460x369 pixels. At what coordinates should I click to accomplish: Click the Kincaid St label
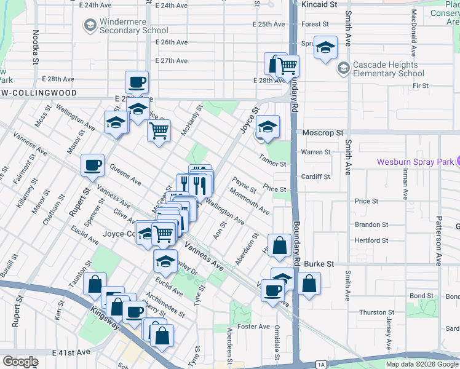(320, 4)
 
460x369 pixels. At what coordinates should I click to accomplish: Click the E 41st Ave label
(71, 352)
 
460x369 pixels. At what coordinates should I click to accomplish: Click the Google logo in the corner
(20, 362)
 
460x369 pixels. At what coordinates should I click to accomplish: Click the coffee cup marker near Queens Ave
(92, 165)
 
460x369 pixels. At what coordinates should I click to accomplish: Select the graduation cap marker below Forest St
(325, 47)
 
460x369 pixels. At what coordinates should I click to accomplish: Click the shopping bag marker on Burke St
(309, 284)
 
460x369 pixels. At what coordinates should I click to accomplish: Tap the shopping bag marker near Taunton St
(95, 284)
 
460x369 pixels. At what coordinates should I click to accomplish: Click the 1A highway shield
(321, 365)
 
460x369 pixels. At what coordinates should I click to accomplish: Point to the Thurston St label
(372, 312)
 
